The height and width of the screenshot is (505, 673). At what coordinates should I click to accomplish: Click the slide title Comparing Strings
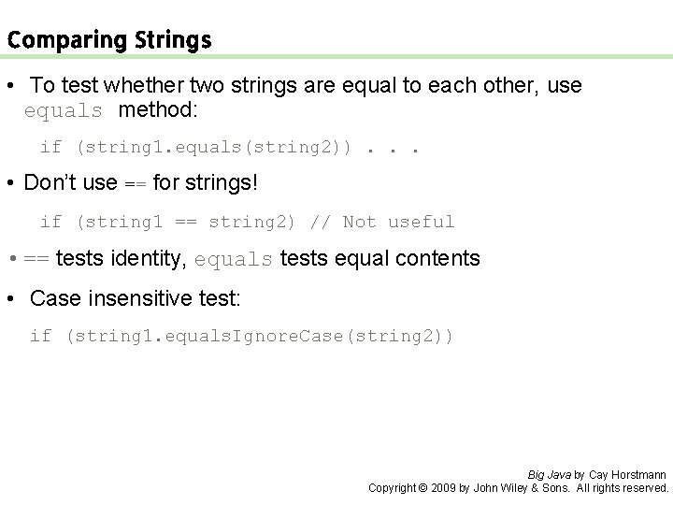(108, 40)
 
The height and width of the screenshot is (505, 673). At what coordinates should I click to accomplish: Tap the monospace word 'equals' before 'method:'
(64, 110)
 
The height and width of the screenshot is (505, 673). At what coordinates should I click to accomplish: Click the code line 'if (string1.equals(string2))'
(195, 147)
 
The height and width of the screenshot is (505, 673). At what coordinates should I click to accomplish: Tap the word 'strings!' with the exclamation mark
(222, 183)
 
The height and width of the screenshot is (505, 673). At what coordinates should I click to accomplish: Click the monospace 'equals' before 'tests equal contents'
(233, 259)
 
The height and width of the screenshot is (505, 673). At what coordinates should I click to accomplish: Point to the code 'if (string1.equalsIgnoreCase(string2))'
(241, 336)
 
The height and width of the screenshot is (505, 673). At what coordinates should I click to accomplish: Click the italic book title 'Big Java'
(549, 474)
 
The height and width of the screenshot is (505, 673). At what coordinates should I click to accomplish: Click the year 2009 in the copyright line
(445, 487)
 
